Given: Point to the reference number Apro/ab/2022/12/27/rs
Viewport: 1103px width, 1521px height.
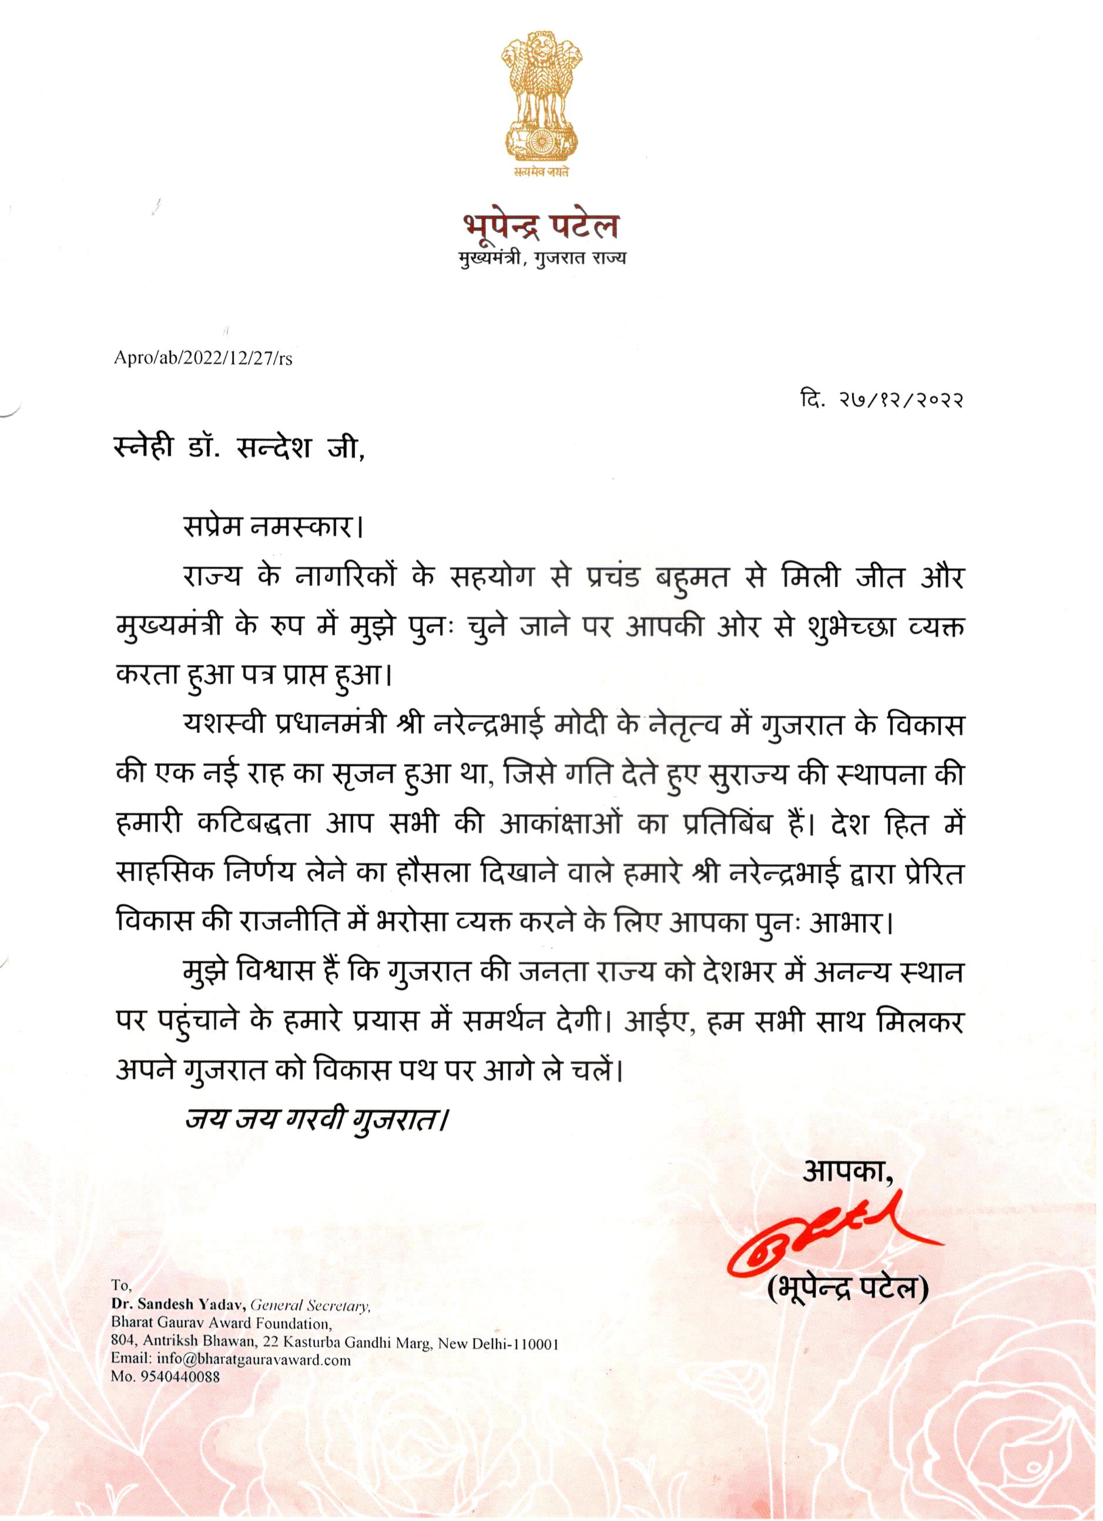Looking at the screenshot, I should tap(203, 359).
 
